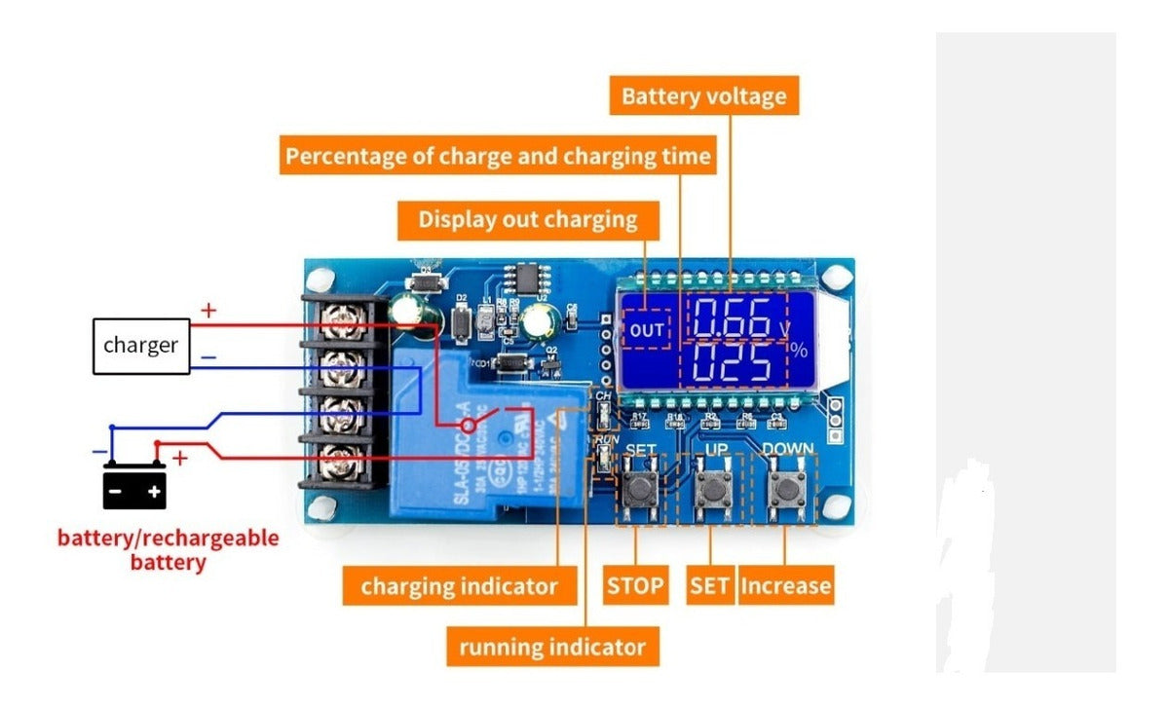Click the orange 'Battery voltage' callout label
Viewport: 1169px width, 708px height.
[x=703, y=97]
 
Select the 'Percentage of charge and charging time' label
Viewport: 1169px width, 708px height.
[x=498, y=156]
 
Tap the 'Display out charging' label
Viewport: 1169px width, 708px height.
[x=528, y=220]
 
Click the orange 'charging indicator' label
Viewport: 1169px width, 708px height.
[x=459, y=586]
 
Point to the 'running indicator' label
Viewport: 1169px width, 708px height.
[x=552, y=647]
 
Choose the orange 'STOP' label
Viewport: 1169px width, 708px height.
[x=635, y=586]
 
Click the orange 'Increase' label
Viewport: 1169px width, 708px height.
[x=785, y=586]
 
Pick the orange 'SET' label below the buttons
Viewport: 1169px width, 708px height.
[x=709, y=586]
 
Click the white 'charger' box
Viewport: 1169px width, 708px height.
[x=140, y=345]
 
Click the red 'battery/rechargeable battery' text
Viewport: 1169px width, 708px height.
[x=169, y=549]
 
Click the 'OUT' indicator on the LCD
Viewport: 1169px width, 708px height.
[x=646, y=330]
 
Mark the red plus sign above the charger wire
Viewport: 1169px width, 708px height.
[x=208, y=312]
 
